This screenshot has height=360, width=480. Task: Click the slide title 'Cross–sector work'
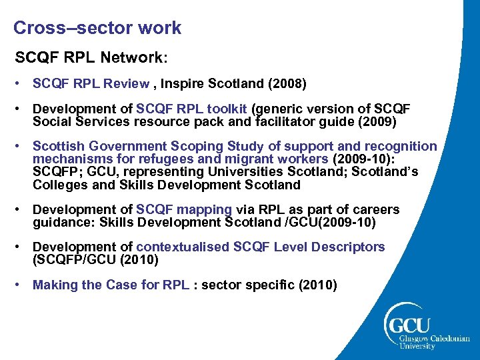coord(97,28)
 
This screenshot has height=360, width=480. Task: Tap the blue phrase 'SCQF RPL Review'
coord(91,84)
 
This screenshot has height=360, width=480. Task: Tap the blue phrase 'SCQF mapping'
coord(184,209)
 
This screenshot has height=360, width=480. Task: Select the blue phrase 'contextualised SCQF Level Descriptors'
coord(261,247)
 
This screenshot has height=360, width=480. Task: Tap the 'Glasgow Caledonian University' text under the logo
coord(433,341)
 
